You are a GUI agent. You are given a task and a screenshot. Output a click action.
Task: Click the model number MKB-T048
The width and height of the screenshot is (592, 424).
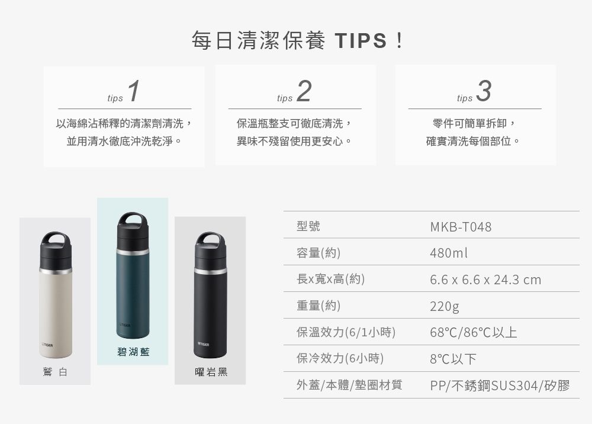[461, 227]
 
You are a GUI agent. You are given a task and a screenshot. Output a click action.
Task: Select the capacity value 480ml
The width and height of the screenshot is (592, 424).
[449, 253]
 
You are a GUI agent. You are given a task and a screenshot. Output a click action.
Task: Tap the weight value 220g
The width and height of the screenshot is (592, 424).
[445, 307]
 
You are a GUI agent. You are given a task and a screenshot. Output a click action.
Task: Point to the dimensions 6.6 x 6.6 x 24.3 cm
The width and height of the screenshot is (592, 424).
[485, 280]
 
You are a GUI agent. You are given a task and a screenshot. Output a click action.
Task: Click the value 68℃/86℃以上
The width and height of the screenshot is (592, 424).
[474, 332]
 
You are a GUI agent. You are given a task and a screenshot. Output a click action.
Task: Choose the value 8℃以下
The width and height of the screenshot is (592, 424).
[453, 359]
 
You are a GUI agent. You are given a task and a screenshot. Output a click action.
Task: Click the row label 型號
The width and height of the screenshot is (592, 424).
[308, 227]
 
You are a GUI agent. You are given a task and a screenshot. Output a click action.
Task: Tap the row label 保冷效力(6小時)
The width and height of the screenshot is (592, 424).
[340, 358]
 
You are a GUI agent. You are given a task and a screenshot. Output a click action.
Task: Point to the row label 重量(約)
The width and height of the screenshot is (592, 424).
[318, 306]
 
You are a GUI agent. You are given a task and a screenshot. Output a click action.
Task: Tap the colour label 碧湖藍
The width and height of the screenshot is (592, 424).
[133, 352]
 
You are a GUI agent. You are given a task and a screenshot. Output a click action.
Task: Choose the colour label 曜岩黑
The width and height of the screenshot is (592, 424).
[211, 372]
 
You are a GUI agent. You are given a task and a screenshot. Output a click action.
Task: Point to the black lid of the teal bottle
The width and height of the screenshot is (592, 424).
[133, 234]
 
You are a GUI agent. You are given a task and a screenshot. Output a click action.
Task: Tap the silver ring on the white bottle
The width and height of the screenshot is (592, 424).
[56, 271]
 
